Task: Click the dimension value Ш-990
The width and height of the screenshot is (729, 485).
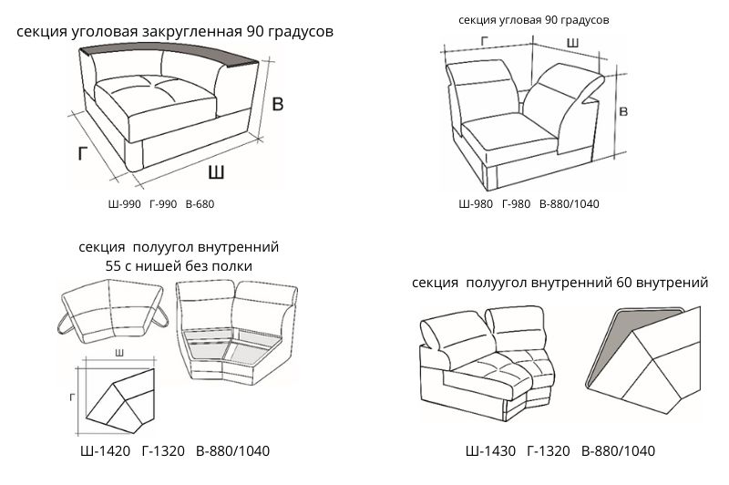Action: pos(124,205)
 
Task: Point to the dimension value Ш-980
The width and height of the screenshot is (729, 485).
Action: pos(475,203)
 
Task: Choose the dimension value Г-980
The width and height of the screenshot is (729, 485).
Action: pos(517,203)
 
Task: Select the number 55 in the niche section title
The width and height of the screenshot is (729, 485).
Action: pos(115,265)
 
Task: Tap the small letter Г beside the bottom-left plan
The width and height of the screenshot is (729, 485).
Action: pos(71,397)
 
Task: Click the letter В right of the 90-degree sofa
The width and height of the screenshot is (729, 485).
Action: pos(622,111)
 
